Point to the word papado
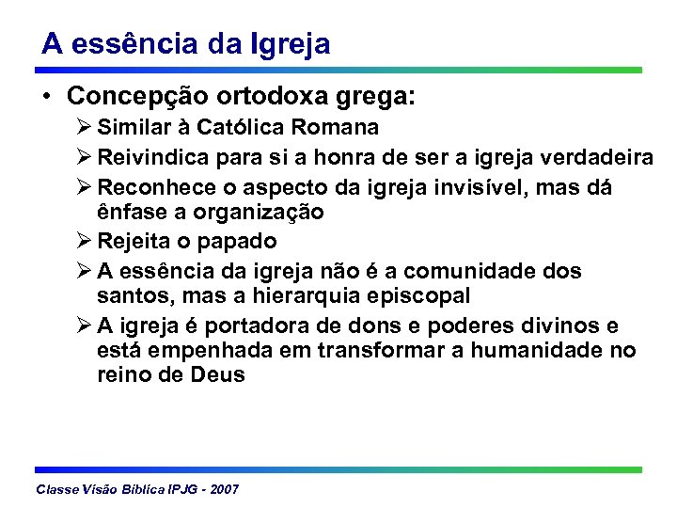(x=239, y=242)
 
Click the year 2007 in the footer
(x=225, y=490)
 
